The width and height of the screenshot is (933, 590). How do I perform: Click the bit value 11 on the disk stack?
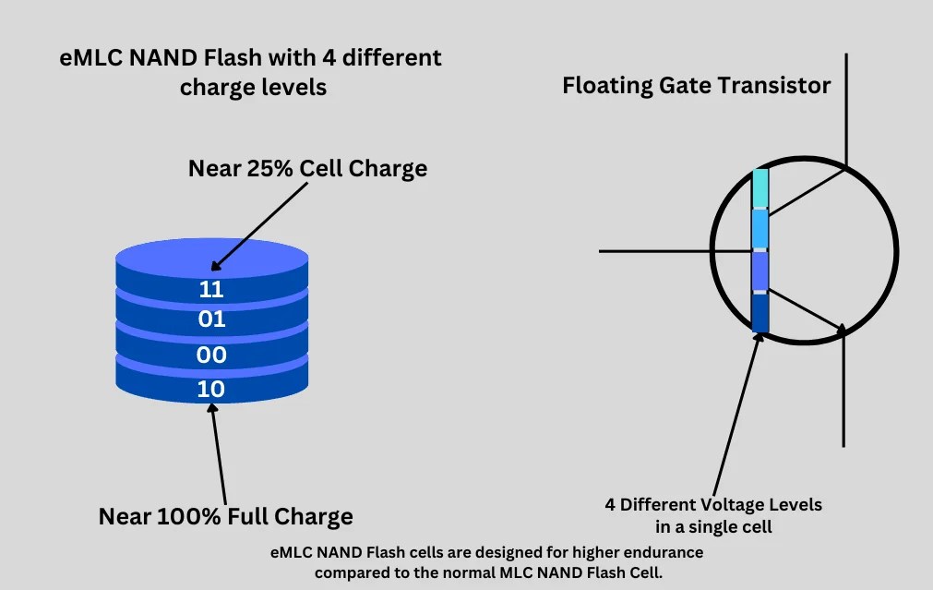tap(211, 289)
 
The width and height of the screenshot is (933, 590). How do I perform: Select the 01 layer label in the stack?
tap(211, 319)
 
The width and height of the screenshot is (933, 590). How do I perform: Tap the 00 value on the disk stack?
tap(211, 355)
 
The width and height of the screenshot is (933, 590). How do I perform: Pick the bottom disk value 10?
tap(211, 389)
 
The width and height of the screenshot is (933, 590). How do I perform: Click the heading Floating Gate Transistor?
tap(697, 86)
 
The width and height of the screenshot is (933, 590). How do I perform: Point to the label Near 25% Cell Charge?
tap(307, 168)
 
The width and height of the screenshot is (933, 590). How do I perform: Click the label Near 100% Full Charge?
tap(225, 516)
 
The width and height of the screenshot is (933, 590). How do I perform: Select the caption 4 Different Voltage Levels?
tap(713, 505)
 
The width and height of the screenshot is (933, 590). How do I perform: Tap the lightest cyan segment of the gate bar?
tap(760, 188)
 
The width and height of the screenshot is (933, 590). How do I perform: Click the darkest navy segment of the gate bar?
tap(760, 312)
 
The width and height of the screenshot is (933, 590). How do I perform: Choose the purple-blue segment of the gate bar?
tap(760, 271)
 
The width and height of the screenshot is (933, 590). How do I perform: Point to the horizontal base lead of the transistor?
tap(674, 250)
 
